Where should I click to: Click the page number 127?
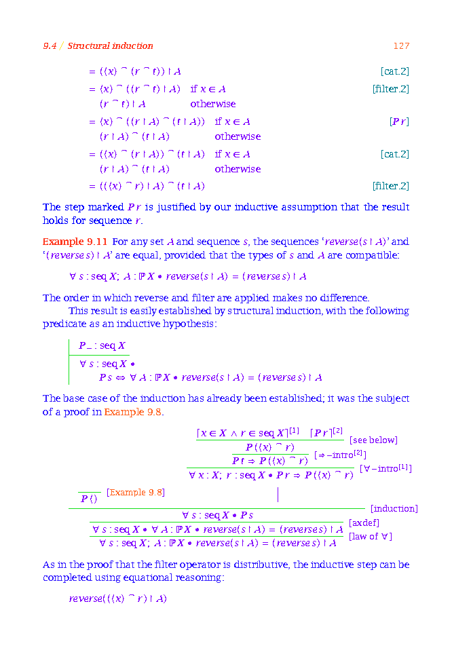pyautogui.click(x=401, y=46)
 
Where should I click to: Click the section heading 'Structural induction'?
pyautogui.click(x=110, y=46)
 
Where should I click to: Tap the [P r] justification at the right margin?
pyautogui.click(x=399, y=121)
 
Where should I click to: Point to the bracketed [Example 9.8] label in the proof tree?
pyautogui.click(x=136, y=492)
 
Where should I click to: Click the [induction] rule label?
pyautogui.click(x=394, y=508)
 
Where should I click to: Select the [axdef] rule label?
pyautogui.click(x=364, y=522)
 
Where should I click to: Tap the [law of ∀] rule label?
pyautogui.click(x=370, y=537)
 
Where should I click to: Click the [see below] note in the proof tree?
pyautogui.click(x=373, y=440)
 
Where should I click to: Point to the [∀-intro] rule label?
pyautogui.click(x=385, y=468)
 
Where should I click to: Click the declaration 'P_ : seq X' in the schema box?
pyautogui.click(x=102, y=346)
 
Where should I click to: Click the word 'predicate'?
pyautogui.click(x=64, y=324)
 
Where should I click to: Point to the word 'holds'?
pyautogui.click(x=56, y=221)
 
